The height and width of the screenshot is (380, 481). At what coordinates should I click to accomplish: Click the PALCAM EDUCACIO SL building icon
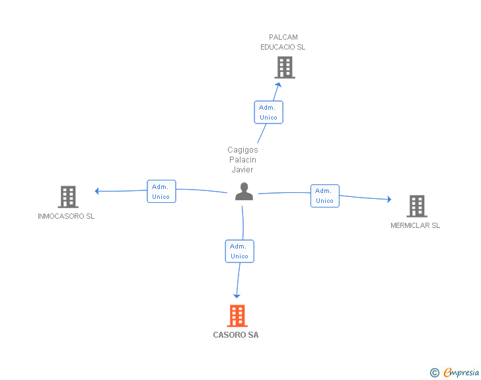(284, 67)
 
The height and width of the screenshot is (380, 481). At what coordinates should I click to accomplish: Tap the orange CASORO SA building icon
(237, 316)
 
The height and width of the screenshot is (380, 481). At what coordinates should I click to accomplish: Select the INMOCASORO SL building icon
(68, 197)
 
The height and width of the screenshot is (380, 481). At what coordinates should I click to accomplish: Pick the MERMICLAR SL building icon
(416, 206)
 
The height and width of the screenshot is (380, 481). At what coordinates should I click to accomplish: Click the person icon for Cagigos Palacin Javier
(244, 192)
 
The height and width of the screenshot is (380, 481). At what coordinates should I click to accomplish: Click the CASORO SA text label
(236, 335)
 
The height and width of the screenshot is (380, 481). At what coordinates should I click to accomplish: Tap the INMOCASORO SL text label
(66, 217)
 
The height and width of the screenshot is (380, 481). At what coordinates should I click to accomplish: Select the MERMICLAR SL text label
(415, 226)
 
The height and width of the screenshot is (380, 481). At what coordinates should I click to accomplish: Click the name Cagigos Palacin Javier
(242, 160)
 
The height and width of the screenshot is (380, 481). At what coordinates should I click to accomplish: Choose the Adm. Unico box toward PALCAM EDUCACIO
(268, 112)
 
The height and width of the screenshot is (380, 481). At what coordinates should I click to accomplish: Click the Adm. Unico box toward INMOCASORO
(161, 192)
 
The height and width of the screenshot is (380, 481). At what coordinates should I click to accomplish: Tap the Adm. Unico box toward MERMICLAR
(324, 196)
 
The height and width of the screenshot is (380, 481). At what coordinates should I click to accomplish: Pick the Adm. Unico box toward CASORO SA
(239, 251)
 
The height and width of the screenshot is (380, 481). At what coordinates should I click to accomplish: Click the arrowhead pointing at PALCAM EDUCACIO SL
(279, 84)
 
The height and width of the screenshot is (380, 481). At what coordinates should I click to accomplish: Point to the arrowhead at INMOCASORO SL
(97, 191)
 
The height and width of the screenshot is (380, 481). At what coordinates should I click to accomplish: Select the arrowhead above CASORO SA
(237, 295)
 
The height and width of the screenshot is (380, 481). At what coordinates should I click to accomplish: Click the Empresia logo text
(461, 373)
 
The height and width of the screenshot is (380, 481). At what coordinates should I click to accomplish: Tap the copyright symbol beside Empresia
(434, 373)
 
